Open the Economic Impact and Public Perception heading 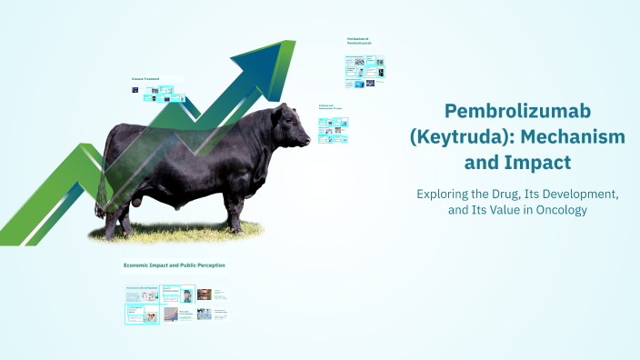tap(174, 265)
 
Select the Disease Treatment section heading tap(145, 79)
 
